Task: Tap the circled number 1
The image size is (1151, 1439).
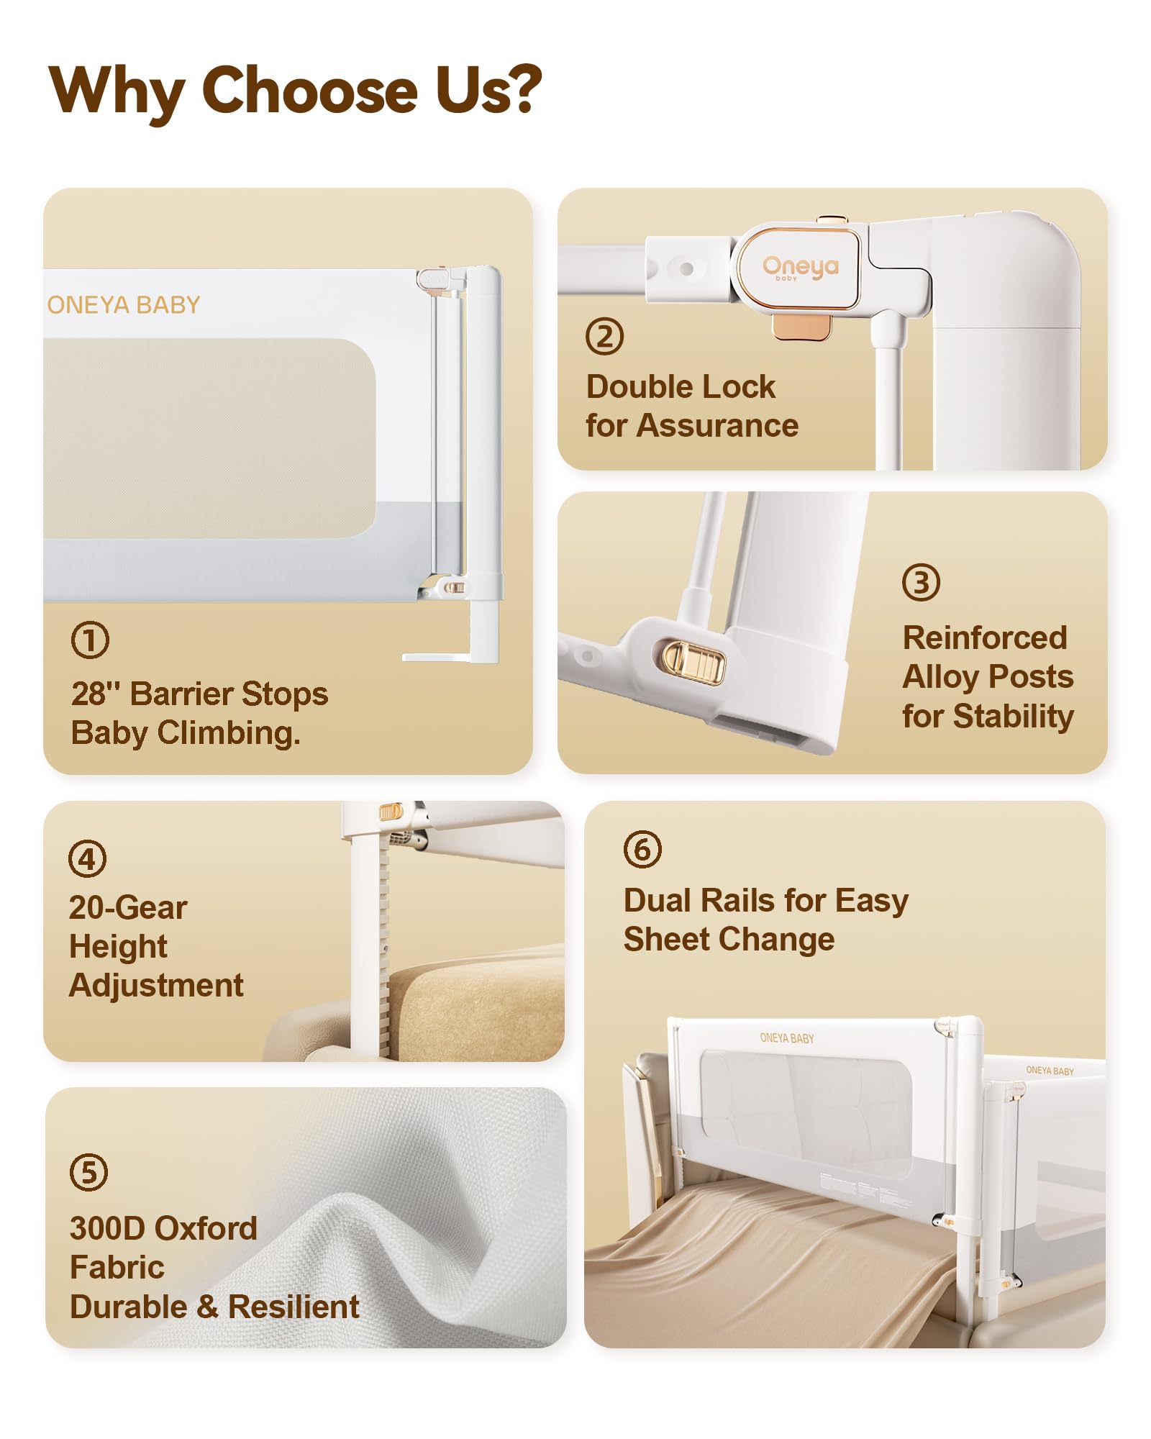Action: pyautogui.click(x=90, y=640)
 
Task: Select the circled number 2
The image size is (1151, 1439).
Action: pyautogui.click(x=604, y=336)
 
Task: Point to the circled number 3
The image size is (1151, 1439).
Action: pyautogui.click(x=921, y=583)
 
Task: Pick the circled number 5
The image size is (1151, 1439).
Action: pyautogui.click(x=88, y=1172)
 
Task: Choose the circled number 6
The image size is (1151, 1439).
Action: pyautogui.click(x=642, y=849)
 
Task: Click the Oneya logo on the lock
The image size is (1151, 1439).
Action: pyautogui.click(x=801, y=267)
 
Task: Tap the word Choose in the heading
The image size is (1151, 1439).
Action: pyautogui.click(x=310, y=90)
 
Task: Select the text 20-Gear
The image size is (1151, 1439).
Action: pyautogui.click(x=128, y=908)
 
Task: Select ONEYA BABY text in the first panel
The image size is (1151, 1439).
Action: pyautogui.click(x=124, y=305)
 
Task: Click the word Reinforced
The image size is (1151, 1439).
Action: pyautogui.click(x=985, y=637)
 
